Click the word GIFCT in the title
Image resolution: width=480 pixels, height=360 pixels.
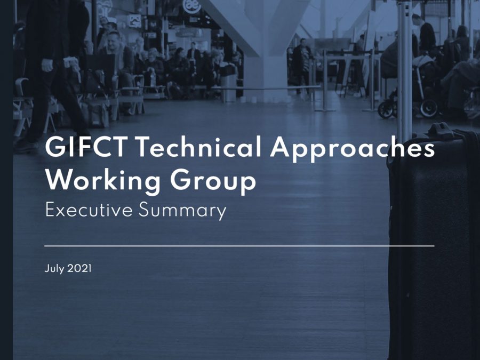[x=86, y=147]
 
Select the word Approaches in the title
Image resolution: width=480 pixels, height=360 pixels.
[x=352, y=148]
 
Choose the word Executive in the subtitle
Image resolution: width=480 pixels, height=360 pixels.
[x=89, y=210]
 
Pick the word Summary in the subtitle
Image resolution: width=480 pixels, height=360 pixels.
[x=182, y=211]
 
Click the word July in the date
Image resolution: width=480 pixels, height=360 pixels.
[x=54, y=269]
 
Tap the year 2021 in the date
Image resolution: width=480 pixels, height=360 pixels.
[x=79, y=268]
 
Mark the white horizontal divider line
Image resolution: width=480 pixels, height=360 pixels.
[x=239, y=245]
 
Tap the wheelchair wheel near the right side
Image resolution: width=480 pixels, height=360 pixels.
[x=429, y=108]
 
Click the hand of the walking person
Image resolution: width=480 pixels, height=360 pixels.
[x=47, y=65]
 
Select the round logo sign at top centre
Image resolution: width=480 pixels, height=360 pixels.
[x=191, y=6]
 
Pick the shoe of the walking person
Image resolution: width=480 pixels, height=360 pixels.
[x=26, y=146]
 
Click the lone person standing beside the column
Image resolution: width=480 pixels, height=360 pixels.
[x=301, y=65]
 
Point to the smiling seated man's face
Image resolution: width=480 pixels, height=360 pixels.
[x=113, y=41]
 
